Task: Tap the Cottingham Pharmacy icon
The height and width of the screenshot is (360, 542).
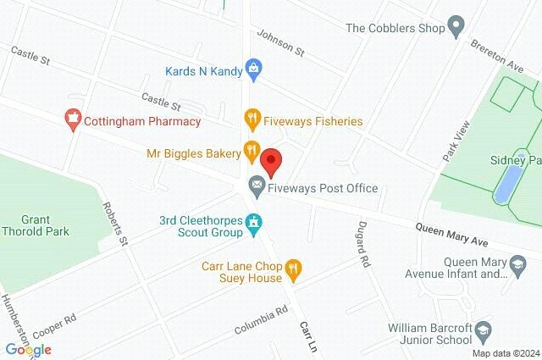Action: [x=73, y=120]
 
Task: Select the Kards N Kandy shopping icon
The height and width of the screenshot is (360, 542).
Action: [x=252, y=66]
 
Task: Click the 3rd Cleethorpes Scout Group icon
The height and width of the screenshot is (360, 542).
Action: [x=252, y=223]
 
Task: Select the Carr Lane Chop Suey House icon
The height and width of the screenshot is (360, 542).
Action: [x=294, y=269]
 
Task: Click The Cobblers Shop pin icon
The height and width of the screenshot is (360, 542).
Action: [x=457, y=27]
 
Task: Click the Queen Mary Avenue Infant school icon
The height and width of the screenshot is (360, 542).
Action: [x=514, y=267]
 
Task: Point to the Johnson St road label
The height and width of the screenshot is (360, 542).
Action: [x=280, y=43]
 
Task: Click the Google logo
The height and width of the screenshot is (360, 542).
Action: [x=28, y=349]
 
